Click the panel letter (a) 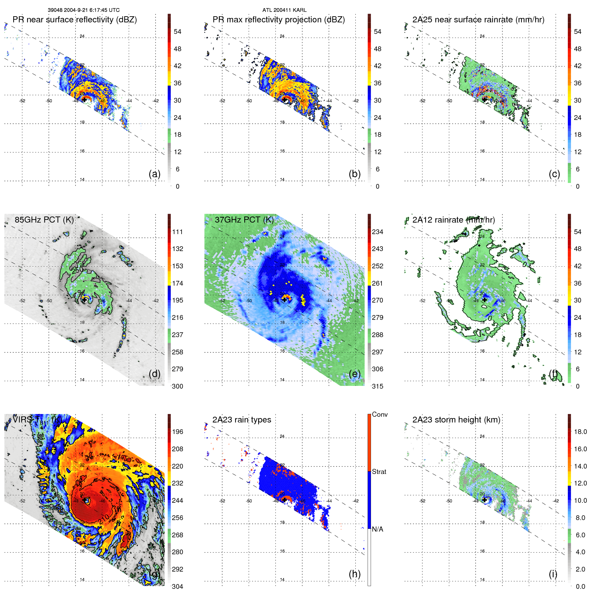pos(154,174)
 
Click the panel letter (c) pos(554,174)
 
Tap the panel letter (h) pos(354,574)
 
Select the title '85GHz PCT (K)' pos(44,220)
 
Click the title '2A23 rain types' pos(242,420)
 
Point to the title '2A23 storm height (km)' pos(456,420)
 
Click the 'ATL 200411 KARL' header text pos(284,10)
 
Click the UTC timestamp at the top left pos(83,10)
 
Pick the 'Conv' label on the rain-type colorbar pos(379,414)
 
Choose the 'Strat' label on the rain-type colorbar pos(379,472)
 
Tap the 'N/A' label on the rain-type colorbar pos(377,529)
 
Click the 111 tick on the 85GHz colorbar pos(178,232)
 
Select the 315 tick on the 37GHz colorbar pos(377,386)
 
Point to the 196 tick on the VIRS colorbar pos(178,432)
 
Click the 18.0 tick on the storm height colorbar pos(580,432)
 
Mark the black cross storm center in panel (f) pos(484,300)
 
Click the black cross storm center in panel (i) pos(484,500)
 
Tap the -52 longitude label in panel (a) pos(22,101)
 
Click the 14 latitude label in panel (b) pos(282,180)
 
